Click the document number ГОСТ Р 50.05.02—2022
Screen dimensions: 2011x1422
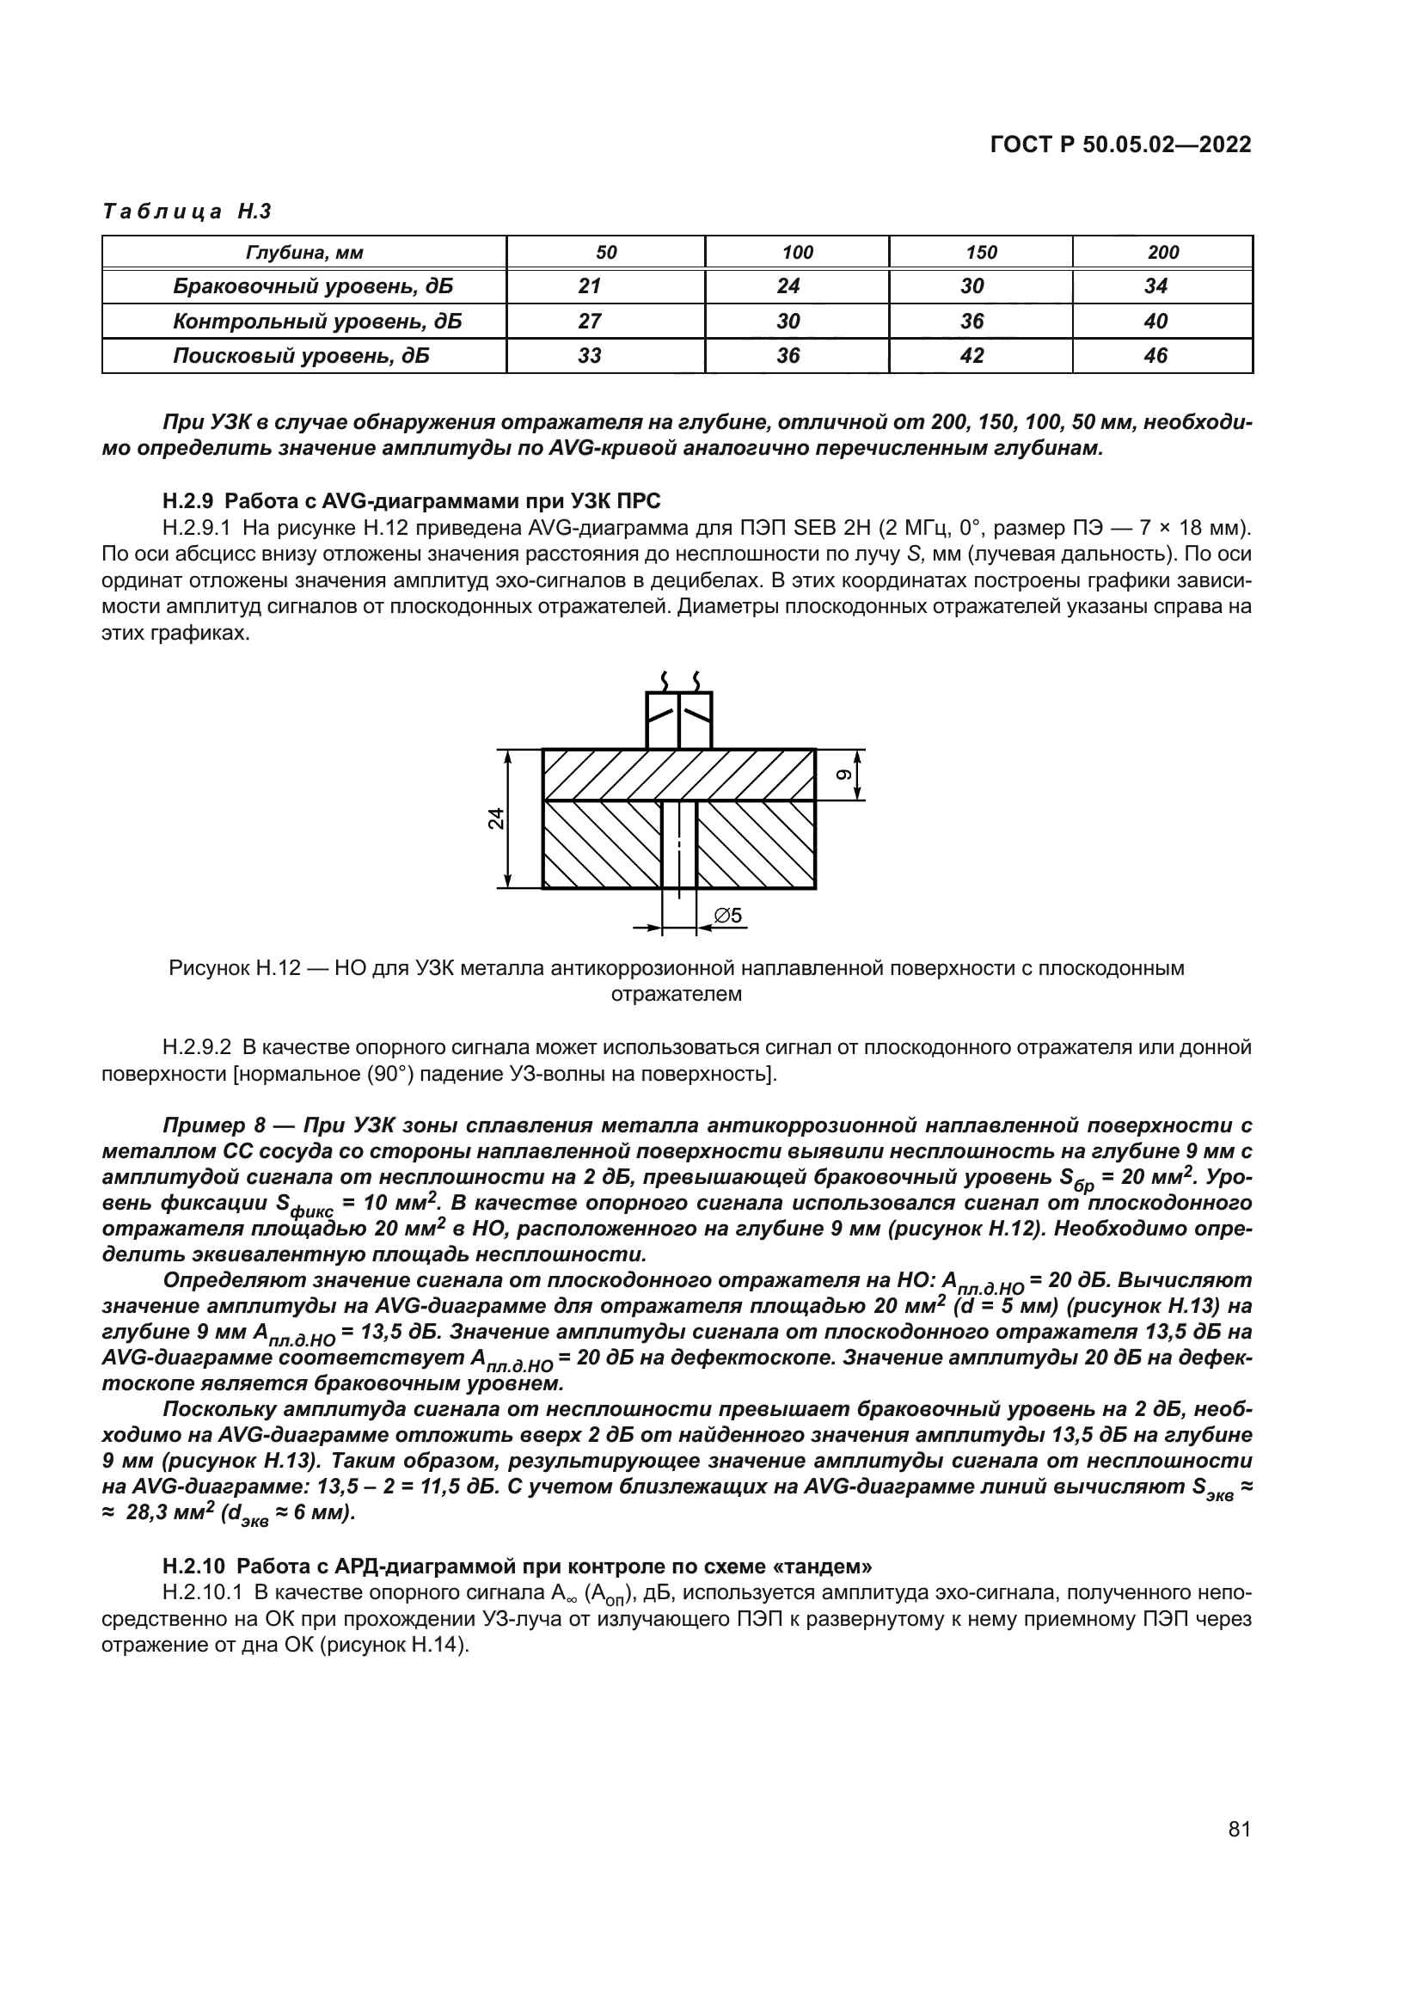pyautogui.click(x=1120, y=144)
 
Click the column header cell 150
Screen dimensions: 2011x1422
pyautogui.click(x=981, y=253)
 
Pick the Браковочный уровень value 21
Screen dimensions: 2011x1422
pyautogui.click(x=589, y=286)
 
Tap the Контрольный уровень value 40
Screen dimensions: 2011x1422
pyautogui.click(x=1155, y=322)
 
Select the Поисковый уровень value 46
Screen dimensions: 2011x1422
pyautogui.click(x=1155, y=356)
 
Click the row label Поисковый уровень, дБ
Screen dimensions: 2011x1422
pyautogui.click(x=301, y=356)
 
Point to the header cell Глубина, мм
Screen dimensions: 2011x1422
pyautogui.click(x=303, y=253)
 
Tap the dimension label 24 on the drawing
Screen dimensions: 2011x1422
pyautogui.click(x=496, y=818)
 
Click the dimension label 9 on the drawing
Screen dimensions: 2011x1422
pyautogui.click(x=843, y=775)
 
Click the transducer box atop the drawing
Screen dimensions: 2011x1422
pyautogui.click(x=678, y=720)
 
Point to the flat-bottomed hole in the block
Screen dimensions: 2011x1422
pyautogui.click(x=678, y=843)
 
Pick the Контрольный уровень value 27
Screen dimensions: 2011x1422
pyautogui.click(x=589, y=322)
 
